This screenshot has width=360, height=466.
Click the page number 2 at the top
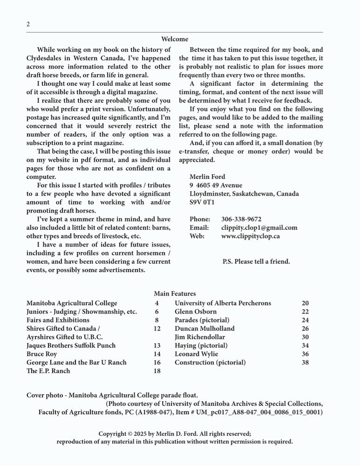click(28, 24)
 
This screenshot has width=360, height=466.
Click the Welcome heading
click(175, 39)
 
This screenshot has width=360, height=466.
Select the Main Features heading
click(175, 294)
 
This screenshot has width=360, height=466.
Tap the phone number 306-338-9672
click(241, 219)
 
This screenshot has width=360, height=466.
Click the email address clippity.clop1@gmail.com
click(259, 227)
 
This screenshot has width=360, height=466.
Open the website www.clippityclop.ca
click(250, 236)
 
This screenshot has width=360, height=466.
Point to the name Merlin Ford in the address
click(207, 177)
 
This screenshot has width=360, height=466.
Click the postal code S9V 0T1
click(202, 202)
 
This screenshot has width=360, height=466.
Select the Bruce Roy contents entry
click(42, 354)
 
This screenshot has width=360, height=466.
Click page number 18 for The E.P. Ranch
click(157, 371)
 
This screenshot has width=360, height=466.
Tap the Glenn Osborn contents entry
click(196, 312)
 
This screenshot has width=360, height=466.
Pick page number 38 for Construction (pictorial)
click(305, 363)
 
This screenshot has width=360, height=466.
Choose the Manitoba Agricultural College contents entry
click(72, 303)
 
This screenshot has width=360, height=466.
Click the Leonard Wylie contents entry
click(196, 354)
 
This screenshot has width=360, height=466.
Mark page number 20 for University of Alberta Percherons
click(305, 303)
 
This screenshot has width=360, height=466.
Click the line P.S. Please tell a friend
click(256, 261)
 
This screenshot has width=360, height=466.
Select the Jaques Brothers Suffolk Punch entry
click(71, 346)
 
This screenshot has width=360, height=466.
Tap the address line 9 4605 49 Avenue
click(216, 185)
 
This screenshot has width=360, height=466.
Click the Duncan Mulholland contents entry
click(204, 329)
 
